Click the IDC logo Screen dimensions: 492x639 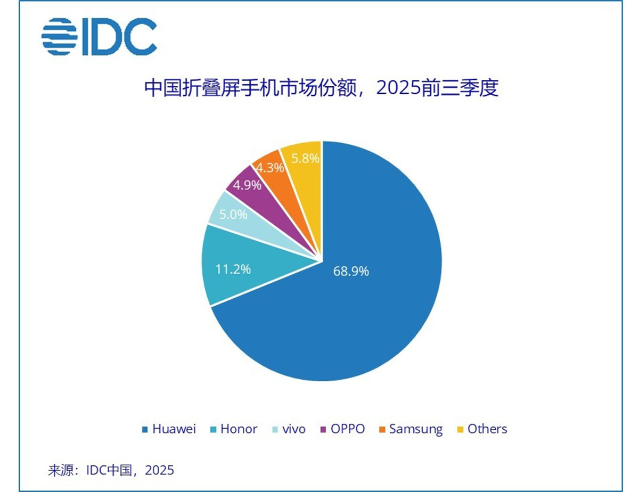(99, 36)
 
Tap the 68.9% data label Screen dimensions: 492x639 (351, 272)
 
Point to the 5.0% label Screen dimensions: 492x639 (233, 215)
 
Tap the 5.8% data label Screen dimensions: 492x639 (306, 158)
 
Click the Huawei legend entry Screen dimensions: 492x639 (169, 429)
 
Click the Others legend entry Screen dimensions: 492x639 (482, 429)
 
